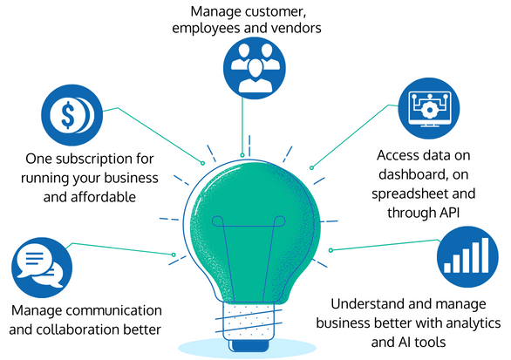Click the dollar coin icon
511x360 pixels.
coord(72,115)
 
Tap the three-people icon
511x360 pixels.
coord(255,68)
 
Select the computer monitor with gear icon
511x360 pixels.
coord(429,108)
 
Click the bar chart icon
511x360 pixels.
coord(467,257)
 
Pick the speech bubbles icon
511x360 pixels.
coord(42,268)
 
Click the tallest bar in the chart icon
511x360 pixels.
coord(485,255)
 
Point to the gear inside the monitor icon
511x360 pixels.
coord(429,110)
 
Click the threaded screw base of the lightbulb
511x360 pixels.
coord(249,321)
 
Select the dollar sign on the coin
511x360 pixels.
coord(68,115)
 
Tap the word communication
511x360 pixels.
coord(118,310)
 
